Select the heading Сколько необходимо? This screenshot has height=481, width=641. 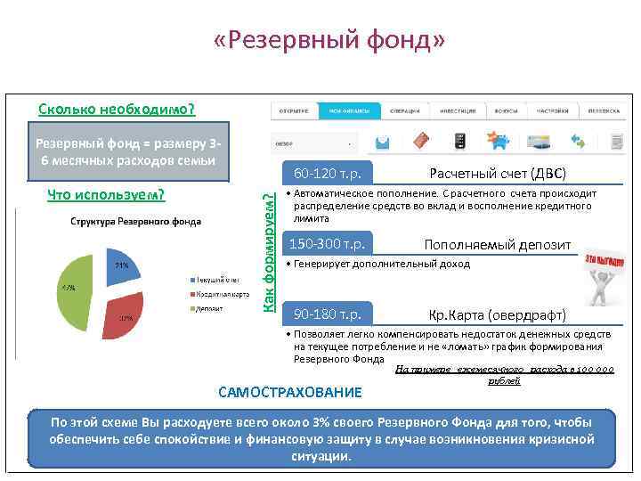coord(117,110)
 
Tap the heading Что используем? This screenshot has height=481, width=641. coord(106,194)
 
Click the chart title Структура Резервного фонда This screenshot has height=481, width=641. coord(130,221)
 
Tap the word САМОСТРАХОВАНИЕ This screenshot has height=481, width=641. coord(290,392)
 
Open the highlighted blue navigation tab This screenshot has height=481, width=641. coord(354,110)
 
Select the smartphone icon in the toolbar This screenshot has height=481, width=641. coord(459,141)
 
